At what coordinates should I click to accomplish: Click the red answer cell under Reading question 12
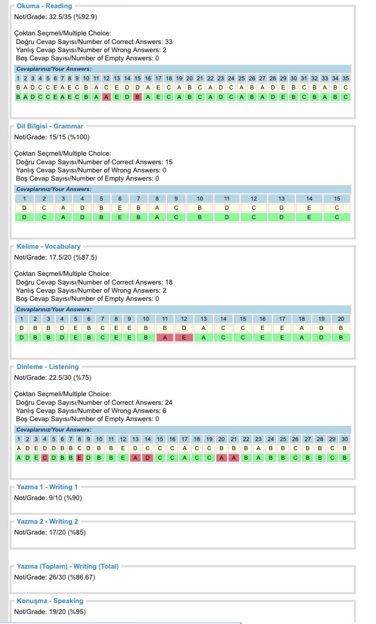(x=106, y=97)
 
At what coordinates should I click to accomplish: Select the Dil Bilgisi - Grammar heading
(x=50, y=126)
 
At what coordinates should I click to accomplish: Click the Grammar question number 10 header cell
(x=200, y=198)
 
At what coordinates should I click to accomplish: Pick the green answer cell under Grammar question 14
(x=309, y=217)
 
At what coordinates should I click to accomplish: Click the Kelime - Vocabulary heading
(x=49, y=246)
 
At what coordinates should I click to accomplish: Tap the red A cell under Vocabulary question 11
(x=165, y=337)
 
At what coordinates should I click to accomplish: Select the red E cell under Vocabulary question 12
(x=184, y=337)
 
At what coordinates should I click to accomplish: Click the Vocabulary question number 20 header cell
(x=341, y=319)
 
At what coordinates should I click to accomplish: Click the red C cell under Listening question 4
(x=45, y=457)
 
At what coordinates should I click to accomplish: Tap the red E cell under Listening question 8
(x=79, y=457)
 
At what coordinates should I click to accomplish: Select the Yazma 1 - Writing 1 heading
(x=47, y=487)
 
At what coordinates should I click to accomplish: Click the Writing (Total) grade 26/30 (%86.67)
(x=54, y=577)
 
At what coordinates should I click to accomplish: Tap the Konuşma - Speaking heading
(x=50, y=601)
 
